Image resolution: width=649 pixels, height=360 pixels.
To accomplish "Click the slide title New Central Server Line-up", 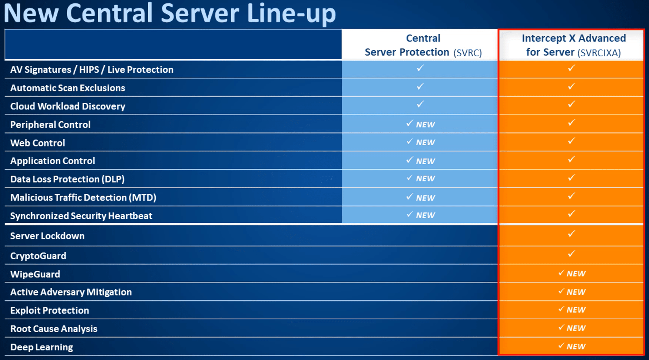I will [x=170, y=13].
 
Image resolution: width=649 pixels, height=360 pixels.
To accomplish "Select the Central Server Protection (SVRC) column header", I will [x=423, y=45].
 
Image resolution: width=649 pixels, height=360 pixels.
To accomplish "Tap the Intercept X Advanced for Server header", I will [x=573, y=45].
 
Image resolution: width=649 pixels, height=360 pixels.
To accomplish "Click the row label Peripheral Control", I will [x=50, y=125].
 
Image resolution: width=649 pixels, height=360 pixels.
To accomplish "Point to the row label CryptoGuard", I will [x=38, y=256].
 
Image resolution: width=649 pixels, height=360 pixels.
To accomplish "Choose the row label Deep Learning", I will [x=42, y=347].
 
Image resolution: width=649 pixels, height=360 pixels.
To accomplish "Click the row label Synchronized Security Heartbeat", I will [x=81, y=216].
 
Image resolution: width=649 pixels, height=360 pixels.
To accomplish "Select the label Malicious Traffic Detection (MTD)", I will [x=83, y=198].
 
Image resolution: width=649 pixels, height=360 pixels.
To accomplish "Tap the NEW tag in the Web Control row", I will [x=425, y=143].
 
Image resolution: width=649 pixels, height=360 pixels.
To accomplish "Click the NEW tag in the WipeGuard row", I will [x=576, y=274].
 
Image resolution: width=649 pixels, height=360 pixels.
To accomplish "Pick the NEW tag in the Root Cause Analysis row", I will [x=576, y=328].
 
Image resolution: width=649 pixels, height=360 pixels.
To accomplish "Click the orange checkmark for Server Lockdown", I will [x=571, y=234].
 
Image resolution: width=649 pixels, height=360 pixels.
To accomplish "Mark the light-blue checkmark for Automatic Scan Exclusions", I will [x=420, y=86].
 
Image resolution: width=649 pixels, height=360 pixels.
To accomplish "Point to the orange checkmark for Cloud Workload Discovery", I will [x=571, y=105].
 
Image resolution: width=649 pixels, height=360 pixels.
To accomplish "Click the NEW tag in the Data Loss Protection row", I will [x=425, y=179].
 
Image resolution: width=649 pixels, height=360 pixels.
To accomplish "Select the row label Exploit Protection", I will [x=50, y=311].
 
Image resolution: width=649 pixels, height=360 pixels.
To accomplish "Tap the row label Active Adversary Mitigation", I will [x=71, y=292].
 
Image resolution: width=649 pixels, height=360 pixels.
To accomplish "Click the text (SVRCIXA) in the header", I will [x=599, y=53].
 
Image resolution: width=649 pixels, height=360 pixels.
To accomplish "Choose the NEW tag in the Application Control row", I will [x=425, y=161].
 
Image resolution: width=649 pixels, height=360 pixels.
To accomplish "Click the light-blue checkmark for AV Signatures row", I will [x=420, y=68].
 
